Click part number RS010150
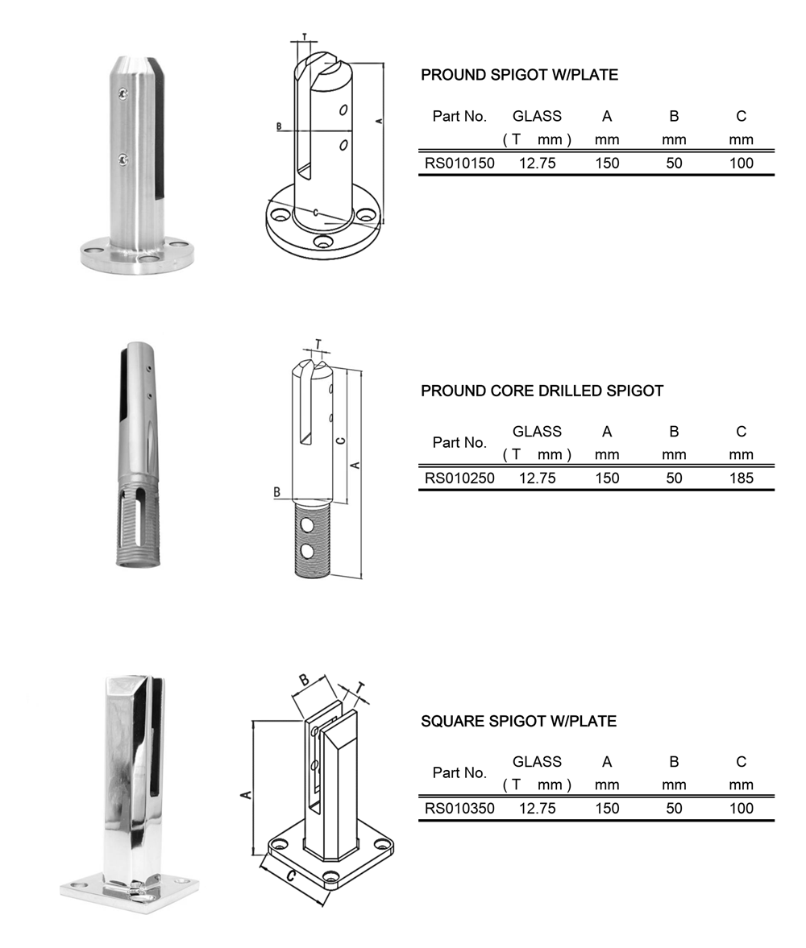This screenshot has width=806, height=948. [459, 163]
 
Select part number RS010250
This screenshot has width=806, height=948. [459, 478]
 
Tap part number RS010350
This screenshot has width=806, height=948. [459, 808]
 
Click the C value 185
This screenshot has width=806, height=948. [741, 478]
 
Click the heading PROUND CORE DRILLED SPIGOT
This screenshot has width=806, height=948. [542, 391]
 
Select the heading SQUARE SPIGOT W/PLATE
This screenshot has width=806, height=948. [518, 722]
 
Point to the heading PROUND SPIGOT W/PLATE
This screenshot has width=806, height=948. [519, 75]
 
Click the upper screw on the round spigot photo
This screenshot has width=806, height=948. [123, 95]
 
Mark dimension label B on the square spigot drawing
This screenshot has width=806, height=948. [305, 680]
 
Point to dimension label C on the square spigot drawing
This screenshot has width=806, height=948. [291, 876]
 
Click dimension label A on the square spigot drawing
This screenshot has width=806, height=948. [247, 794]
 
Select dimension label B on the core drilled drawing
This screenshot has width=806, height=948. [277, 491]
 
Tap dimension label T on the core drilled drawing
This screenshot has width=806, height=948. [318, 345]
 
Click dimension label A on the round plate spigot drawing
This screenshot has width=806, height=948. [378, 120]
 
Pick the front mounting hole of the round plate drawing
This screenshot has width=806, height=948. [323, 242]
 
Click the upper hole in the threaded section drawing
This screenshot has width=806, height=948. [307, 525]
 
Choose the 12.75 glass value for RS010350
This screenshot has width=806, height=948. [537, 808]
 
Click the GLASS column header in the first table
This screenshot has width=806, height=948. [537, 116]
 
